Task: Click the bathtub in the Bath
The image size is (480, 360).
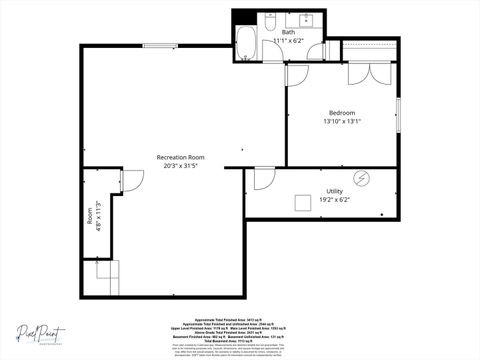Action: coord(246,43)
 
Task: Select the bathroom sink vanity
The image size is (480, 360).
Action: coord(305,19)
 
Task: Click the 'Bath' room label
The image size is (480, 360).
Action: coord(288,32)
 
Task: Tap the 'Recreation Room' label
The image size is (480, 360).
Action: coord(181,157)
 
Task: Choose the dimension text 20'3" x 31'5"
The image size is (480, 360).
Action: coord(181,167)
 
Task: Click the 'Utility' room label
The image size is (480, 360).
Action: coord(334,190)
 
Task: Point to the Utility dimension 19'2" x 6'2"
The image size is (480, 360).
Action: coord(334,199)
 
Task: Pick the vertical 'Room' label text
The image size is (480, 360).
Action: coord(89,213)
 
